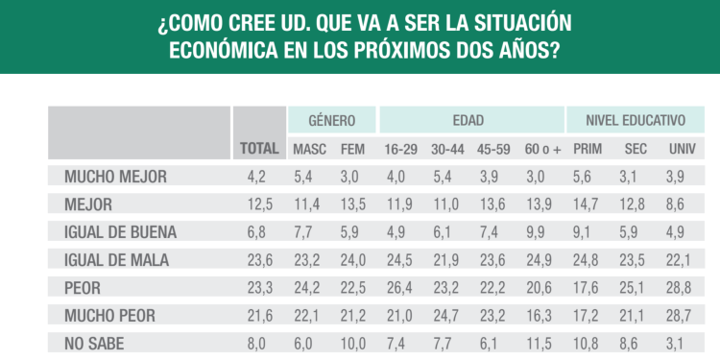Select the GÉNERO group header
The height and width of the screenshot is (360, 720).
click(x=331, y=121)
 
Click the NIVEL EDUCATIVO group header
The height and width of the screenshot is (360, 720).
click(x=637, y=121)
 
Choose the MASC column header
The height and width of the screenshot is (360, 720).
click(x=311, y=149)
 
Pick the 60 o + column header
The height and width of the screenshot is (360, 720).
click(x=541, y=149)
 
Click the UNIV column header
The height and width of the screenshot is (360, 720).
click(x=683, y=149)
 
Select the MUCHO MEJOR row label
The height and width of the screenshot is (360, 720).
click(x=115, y=177)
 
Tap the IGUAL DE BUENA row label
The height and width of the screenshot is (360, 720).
click(x=120, y=231)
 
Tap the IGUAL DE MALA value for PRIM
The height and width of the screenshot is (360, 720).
click(x=588, y=259)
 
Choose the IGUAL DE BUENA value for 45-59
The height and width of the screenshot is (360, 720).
click(x=493, y=231)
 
